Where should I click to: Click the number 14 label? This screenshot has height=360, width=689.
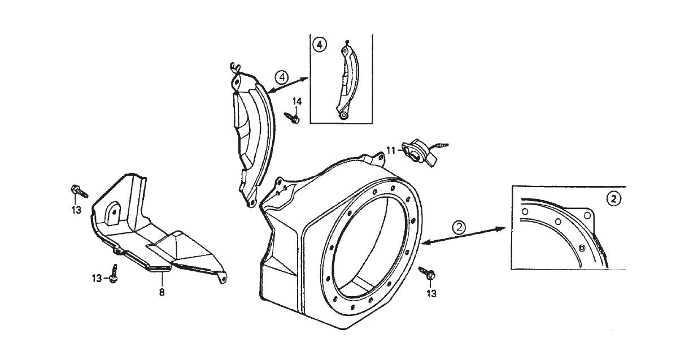[297, 101]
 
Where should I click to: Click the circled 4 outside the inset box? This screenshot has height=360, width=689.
[281, 76]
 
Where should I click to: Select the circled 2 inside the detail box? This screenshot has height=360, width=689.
[613, 198]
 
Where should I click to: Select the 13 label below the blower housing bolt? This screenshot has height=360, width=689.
[431, 293]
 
